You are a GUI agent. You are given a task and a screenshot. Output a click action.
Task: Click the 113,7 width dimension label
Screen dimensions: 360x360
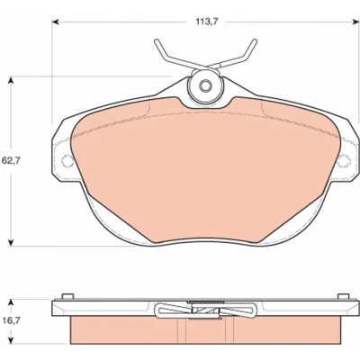[x=207, y=22]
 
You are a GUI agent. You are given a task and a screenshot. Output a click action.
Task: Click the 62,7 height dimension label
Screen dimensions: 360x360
[x=11, y=160]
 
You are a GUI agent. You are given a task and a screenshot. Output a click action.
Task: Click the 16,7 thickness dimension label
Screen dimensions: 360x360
[x=11, y=321]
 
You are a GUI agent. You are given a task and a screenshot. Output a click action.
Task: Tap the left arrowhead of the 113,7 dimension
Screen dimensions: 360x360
[x=55, y=22]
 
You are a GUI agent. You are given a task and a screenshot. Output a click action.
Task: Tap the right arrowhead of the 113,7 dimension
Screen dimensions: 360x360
[x=355, y=22]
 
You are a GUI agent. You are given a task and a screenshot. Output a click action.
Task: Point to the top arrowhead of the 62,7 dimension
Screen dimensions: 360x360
[x=11, y=81]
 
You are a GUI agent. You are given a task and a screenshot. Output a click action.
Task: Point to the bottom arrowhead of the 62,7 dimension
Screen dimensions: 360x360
[x=11, y=243]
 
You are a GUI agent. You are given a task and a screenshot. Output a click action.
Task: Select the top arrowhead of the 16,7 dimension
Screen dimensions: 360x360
[x=11, y=302]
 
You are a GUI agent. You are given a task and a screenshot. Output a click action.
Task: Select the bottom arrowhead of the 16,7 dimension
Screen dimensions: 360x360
[x=11, y=340]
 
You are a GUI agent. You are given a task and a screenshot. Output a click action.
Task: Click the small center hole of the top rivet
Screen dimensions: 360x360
[x=205, y=86]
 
